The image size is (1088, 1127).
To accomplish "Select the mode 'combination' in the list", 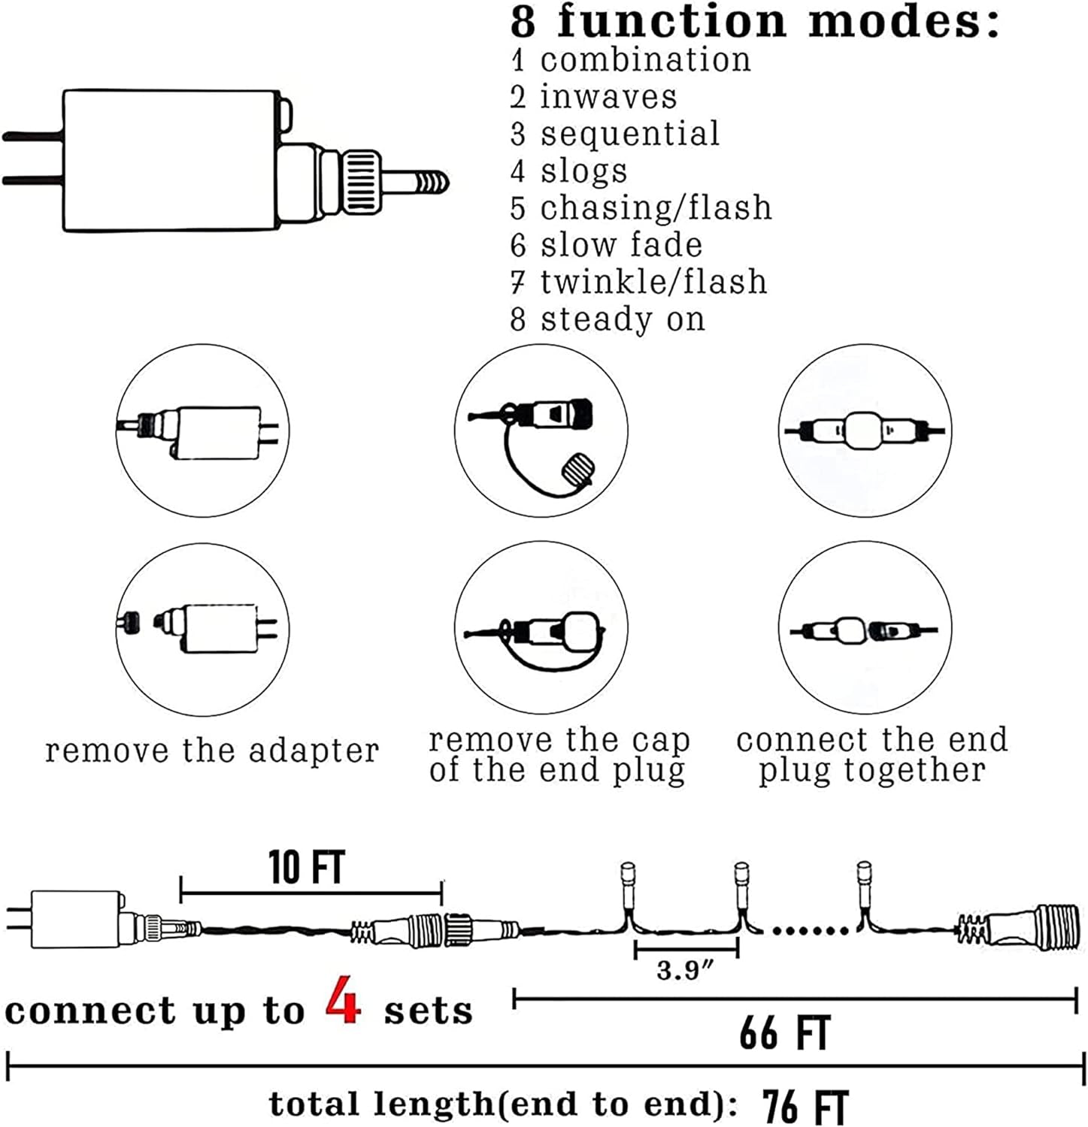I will coord(645,60).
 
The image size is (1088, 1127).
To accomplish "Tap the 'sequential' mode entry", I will coord(629,134).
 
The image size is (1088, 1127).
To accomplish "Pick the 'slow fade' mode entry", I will coord(621,245).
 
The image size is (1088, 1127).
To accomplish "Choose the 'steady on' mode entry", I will coord(623,319).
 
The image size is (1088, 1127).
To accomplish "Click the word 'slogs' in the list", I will coord(583,171).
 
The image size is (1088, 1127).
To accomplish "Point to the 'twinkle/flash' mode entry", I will coord(653,282).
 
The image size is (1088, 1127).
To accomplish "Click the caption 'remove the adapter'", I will coord(212,751).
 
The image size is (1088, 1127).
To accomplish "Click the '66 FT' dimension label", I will coord(784,1033).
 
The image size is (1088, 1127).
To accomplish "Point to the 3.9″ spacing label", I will coord(684,970).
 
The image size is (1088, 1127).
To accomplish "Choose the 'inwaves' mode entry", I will coord(608,97).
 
